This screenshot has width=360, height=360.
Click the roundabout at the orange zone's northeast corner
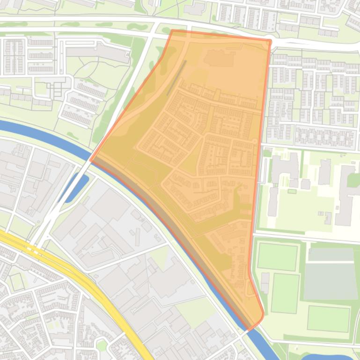pyautogui.click(x=270, y=42)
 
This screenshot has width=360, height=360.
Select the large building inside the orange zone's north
pyautogui.click(x=219, y=58)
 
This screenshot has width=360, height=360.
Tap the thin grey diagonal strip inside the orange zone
pyautogui.click(x=176, y=78)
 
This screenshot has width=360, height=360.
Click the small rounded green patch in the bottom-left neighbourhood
pyautogui.click(x=101, y=346)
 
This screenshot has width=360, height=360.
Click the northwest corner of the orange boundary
pyautogui.click(x=172, y=31)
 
